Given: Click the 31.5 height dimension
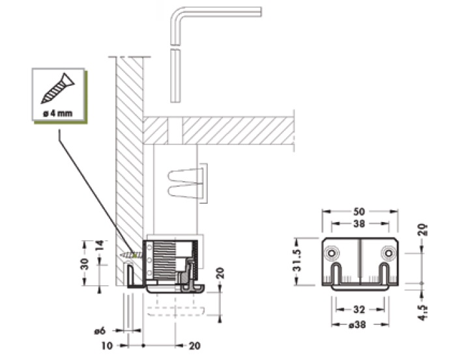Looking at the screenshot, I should pyautogui.click(x=296, y=260).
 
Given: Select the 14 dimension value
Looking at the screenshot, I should pyautogui.click(x=100, y=245).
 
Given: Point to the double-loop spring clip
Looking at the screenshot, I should pyautogui.click(x=185, y=182).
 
